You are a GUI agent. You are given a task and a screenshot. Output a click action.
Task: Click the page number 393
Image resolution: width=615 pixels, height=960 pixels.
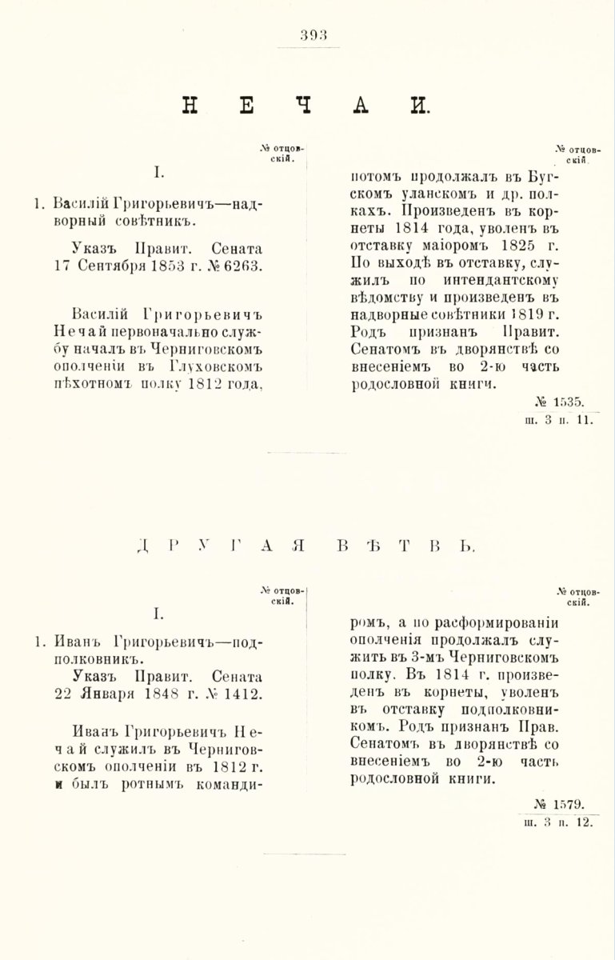click(x=308, y=34)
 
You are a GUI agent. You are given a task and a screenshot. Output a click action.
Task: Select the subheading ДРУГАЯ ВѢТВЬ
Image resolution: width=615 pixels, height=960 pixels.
click(x=306, y=546)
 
